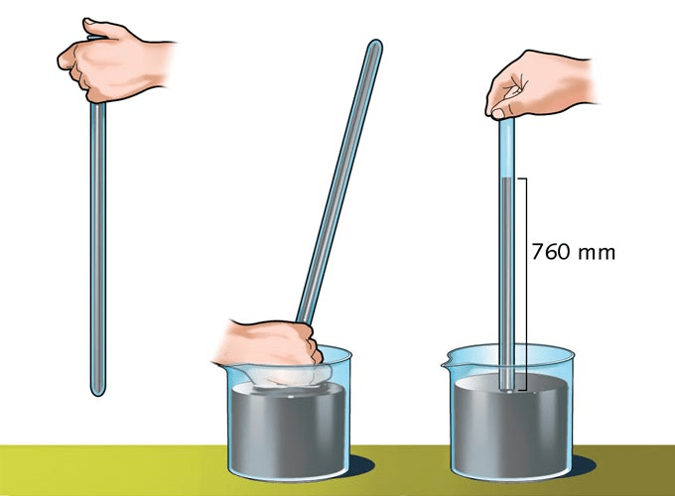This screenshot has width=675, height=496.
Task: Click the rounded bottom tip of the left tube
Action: tap(98, 392)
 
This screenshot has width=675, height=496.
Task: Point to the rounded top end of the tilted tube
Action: tap(375, 44)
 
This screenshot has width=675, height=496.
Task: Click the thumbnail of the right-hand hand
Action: tap(498, 113)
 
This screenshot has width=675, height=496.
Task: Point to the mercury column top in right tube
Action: tap(508, 179)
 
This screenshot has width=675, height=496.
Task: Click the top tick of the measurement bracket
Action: tap(521, 179)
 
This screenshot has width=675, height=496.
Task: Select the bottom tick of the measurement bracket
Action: tap(521, 390)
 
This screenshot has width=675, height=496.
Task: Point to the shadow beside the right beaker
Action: tap(585, 466)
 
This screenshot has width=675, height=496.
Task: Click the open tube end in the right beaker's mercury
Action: tap(508, 390)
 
